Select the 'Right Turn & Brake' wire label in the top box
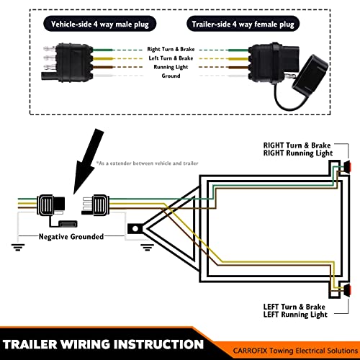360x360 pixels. [171, 48]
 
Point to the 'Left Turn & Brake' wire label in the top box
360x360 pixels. [171, 57]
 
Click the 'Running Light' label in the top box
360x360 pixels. [171, 66]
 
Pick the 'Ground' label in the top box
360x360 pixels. [171, 76]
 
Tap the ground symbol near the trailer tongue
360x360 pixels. [146, 247]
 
